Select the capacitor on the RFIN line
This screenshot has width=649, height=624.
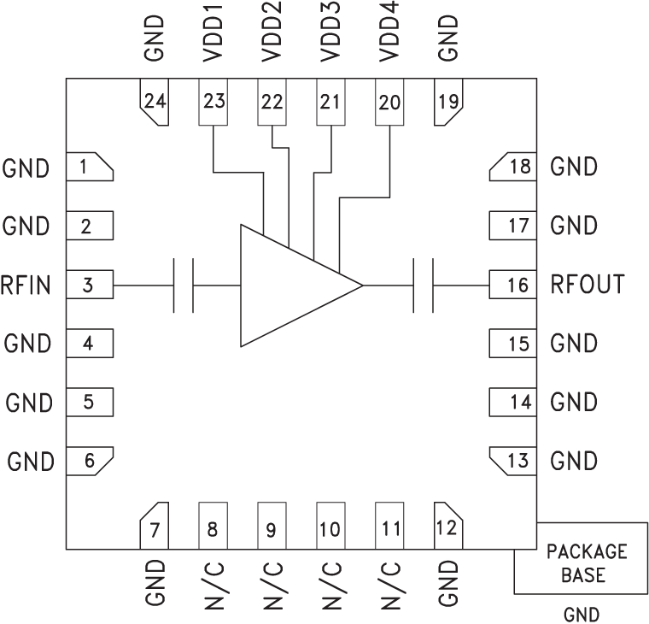184,286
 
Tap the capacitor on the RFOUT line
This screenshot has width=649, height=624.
423,286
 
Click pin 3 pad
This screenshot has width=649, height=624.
90,286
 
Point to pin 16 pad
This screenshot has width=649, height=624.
513,286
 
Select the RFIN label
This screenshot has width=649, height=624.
26,286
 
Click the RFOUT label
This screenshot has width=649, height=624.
588,286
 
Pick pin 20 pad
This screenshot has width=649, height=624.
389,103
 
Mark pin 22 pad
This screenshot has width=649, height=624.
272,103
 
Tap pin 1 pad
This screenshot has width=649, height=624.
91,168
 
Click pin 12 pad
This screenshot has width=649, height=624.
447,527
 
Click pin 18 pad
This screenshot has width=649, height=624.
512,168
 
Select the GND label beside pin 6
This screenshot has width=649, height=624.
30,462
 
